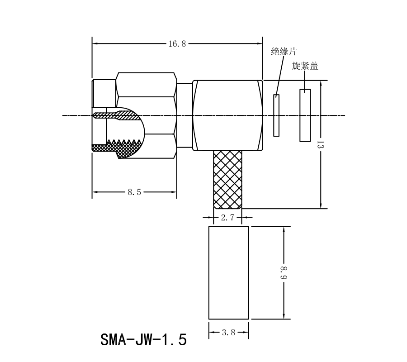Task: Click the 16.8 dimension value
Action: (x=177, y=44)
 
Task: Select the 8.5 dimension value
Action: (x=134, y=192)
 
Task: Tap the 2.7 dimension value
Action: (x=227, y=218)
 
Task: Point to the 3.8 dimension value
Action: (x=228, y=333)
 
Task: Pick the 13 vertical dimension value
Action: (x=320, y=145)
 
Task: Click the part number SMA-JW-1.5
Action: (x=143, y=339)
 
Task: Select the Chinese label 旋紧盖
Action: (x=305, y=66)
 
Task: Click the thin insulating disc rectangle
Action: (x=276, y=115)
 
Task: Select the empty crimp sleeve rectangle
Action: (x=228, y=273)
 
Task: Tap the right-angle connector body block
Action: (x=227, y=115)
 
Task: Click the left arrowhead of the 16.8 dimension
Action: (x=95, y=44)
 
